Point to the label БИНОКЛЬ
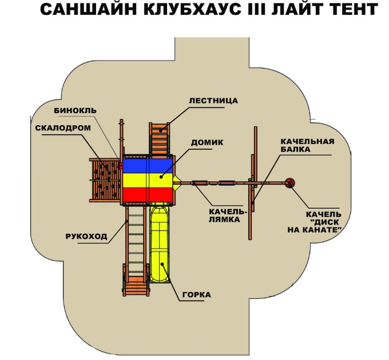[76, 110]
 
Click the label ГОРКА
[197, 295]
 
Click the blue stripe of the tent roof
[148, 165]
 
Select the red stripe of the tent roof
[148, 195]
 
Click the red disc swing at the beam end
[289, 183]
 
